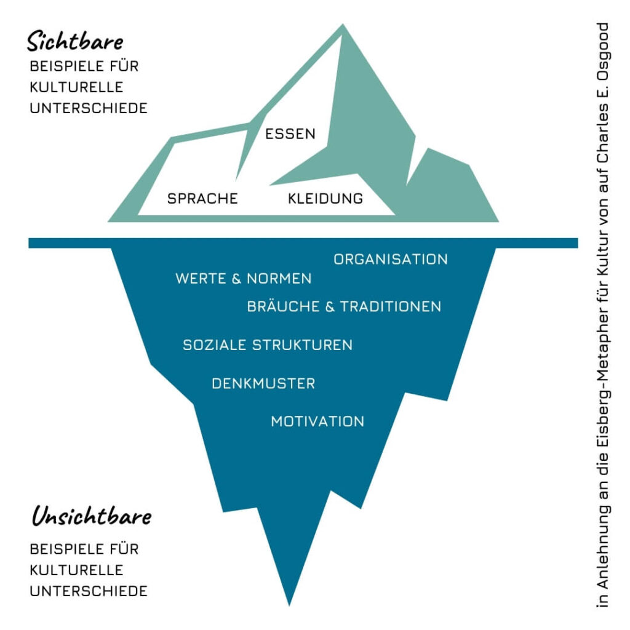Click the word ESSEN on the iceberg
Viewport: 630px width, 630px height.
(290, 134)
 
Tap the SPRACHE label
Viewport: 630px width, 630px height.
(202, 199)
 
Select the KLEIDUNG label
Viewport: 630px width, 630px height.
(325, 199)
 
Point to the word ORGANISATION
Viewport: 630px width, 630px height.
(391, 259)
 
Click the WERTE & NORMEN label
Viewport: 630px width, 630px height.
(243, 279)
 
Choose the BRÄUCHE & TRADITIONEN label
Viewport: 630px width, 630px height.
(344, 306)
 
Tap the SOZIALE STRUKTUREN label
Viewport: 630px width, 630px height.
(268, 345)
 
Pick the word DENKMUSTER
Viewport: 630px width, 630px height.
(263, 384)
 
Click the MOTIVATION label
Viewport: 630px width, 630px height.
(317, 421)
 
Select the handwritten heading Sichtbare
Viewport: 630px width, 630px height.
(74, 42)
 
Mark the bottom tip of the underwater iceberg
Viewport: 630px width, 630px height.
(289, 602)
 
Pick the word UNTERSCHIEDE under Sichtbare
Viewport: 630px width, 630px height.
(89, 108)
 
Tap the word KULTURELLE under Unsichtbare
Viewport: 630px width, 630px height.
(76, 570)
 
